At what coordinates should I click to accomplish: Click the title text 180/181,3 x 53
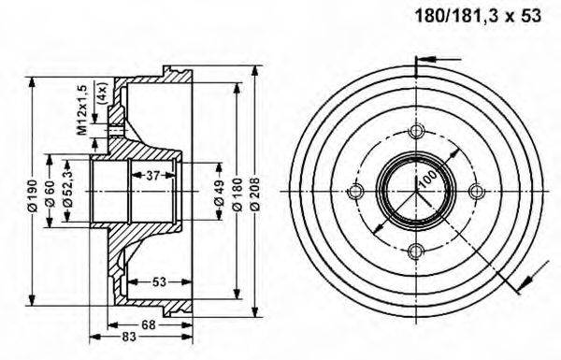coord(477,16)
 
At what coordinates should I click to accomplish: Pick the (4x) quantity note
coord(100,94)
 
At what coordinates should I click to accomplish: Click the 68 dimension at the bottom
coord(149,324)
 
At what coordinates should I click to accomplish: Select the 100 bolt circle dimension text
coord(428,180)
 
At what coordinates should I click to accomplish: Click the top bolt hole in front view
coord(415,131)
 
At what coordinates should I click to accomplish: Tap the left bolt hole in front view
coord(354,192)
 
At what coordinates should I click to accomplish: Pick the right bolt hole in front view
coord(476,192)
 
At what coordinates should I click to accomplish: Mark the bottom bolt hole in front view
coord(415,251)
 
